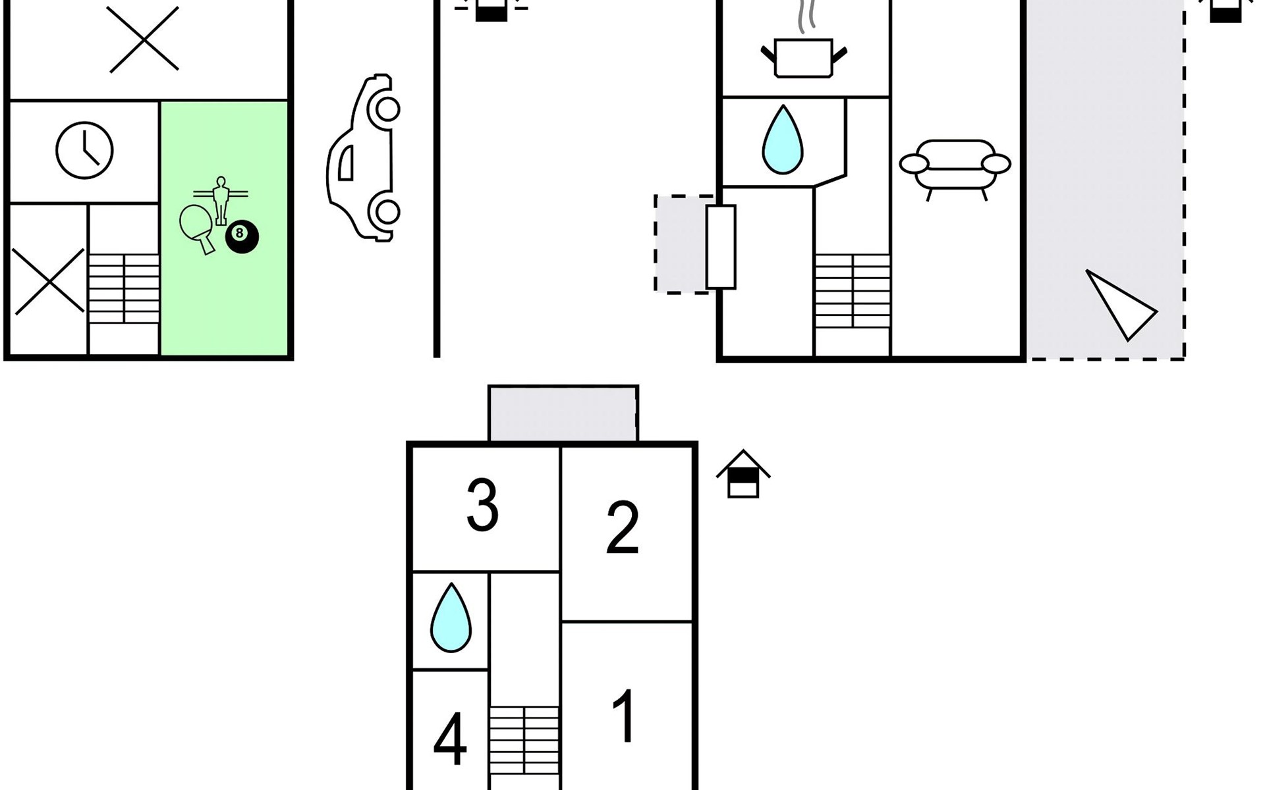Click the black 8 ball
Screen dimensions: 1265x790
242,237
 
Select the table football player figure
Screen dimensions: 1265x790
221,200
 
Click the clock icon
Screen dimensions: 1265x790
84,150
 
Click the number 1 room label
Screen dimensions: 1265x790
623,716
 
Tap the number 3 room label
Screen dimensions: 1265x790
482,505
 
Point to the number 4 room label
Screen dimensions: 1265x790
451,740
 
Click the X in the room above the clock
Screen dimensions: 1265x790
144,39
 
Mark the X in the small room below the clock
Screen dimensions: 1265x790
49,281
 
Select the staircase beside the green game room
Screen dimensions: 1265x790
124,288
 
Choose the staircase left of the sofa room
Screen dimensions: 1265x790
853,291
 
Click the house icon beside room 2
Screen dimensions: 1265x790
743,474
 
